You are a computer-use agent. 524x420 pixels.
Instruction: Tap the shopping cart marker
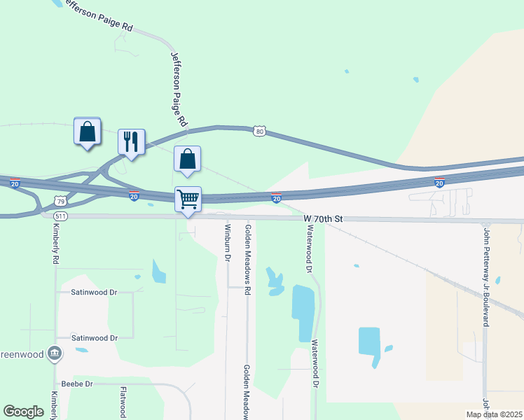[188, 199]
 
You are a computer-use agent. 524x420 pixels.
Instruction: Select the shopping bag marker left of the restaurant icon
[87, 131]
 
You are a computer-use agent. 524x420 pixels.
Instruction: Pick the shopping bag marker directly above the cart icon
[187, 159]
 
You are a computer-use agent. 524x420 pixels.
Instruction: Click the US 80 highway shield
[260, 132]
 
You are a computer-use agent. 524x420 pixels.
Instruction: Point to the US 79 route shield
[61, 201]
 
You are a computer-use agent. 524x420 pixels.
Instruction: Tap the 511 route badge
[61, 216]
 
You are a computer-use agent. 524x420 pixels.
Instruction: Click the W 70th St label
[323, 219]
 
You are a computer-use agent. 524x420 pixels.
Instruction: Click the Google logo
[23, 412]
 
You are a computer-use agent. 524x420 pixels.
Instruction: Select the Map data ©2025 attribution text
[494, 414]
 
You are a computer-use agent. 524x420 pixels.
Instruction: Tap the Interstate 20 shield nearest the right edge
[439, 183]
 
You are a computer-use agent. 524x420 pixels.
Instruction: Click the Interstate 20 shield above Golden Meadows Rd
[276, 199]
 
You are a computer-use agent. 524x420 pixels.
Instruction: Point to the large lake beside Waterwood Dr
[303, 311]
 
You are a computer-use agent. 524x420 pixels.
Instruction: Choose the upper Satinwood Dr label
[94, 292]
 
